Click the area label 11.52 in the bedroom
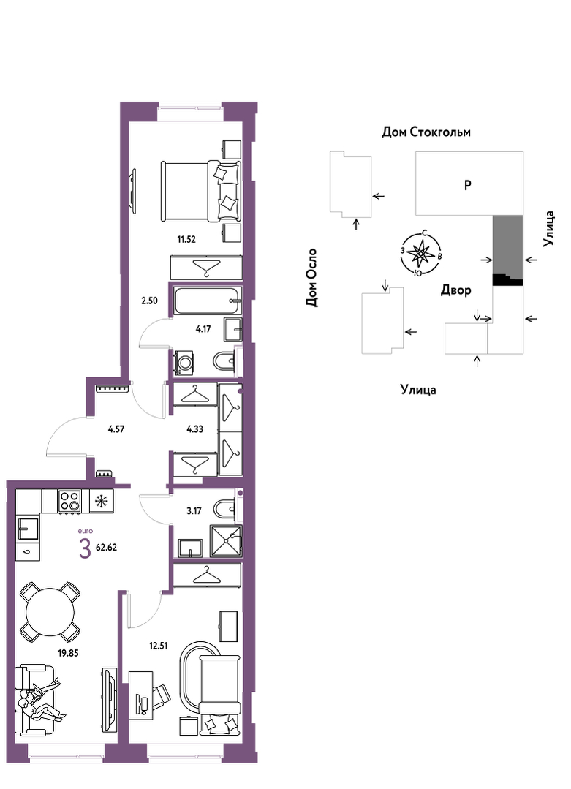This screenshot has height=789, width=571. (186, 240)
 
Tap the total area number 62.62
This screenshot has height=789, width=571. (106, 548)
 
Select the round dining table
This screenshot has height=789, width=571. (50, 611)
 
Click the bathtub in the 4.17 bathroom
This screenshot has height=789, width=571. (207, 301)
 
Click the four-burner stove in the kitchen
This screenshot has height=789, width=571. (69, 501)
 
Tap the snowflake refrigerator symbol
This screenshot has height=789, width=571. (102, 501)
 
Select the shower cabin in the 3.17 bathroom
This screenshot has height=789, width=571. (226, 540)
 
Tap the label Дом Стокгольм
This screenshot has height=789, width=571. (426, 132)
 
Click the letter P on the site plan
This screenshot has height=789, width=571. (467, 186)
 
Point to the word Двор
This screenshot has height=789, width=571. (455, 291)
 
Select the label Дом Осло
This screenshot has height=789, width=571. (312, 277)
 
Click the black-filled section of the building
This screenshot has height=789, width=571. (507, 280)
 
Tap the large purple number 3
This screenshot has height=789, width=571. (85, 548)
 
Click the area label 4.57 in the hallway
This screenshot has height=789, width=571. (116, 429)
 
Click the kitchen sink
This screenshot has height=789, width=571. (29, 529)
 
